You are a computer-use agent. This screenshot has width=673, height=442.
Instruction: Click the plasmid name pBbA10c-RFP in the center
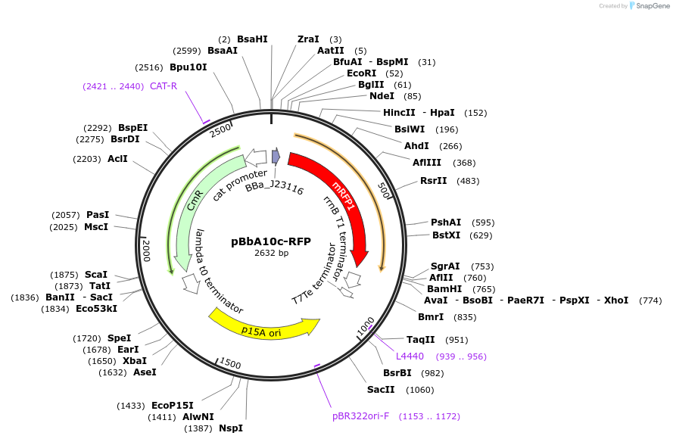(x=271, y=241)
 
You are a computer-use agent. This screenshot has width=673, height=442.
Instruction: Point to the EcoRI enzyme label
(x=361, y=73)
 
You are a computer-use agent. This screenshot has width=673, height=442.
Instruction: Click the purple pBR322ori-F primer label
(x=360, y=416)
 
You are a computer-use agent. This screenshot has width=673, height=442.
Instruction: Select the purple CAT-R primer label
(x=164, y=86)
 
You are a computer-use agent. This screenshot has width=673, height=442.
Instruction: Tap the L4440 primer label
(x=410, y=356)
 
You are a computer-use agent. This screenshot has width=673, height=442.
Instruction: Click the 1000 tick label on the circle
(x=366, y=326)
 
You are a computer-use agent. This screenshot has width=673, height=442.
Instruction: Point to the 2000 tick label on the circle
(x=147, y=250)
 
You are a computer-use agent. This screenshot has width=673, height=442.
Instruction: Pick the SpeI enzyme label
(x=119, y=338)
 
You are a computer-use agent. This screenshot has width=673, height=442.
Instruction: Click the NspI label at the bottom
(x=231, y=428)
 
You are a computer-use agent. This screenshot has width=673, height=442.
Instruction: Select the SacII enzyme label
(x=381, y=390)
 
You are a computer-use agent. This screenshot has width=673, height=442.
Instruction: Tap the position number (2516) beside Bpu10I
(x=149, y=67)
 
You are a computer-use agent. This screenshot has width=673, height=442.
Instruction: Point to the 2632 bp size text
(x=271, y=253)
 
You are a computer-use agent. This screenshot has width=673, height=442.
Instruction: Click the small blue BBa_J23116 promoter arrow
(x=276, y=157)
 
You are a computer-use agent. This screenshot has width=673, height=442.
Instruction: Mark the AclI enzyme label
(x=117, y=159)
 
